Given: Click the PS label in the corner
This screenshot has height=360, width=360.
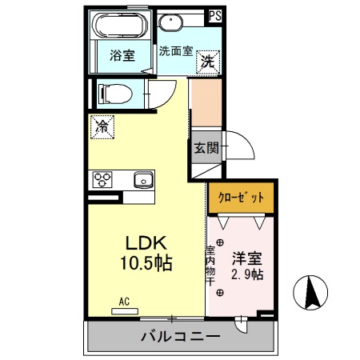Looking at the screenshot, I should (x=214, y=14).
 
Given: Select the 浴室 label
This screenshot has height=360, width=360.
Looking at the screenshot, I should (x=122, y=56).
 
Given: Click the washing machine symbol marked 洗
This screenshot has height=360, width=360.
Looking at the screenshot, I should (x=207, y=62).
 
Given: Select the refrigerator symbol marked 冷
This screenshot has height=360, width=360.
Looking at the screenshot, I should (x=102, y=126).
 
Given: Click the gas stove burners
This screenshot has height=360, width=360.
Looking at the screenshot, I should (x=103, y=178).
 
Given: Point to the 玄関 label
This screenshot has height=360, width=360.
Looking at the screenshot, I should (x=205, y=147).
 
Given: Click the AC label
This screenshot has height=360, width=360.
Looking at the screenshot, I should (x=124, y=301).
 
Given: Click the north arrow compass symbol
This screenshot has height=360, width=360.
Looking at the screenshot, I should (x=313, y=294).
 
